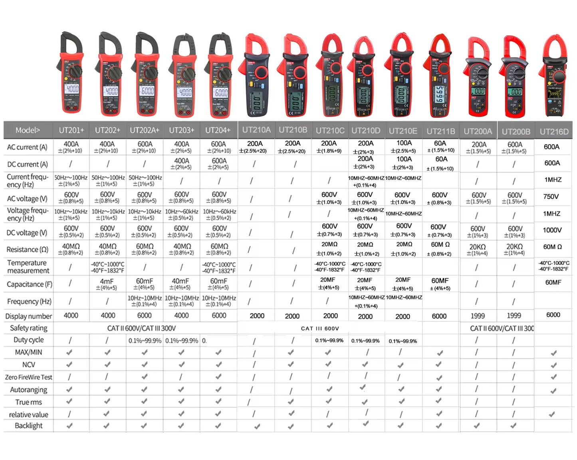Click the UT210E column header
click(x=403, y=131)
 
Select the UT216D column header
click(x=554, y=131)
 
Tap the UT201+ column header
click(x=71, y=130)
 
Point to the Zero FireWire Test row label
click(x=28, y=377)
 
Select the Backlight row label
click(x=28, y=426)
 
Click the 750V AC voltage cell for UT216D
click(x=551, y=196)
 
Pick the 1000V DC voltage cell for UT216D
click(x=552, y=230)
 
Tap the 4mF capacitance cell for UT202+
click(x=107, y=284)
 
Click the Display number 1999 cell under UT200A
click(x=478, y=316)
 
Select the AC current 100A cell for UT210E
click(x=404, y=146)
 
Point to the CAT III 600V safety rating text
click(x=320, y=329)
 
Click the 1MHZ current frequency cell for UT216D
click(x=553, y=180)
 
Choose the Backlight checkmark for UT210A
click(x=257, y=426)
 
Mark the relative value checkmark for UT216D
click(x=552, y=414)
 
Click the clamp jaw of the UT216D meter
click(x=555, y=46)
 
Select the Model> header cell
click(x=28, y=130)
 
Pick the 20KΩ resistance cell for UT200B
click(x=515, y=249)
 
